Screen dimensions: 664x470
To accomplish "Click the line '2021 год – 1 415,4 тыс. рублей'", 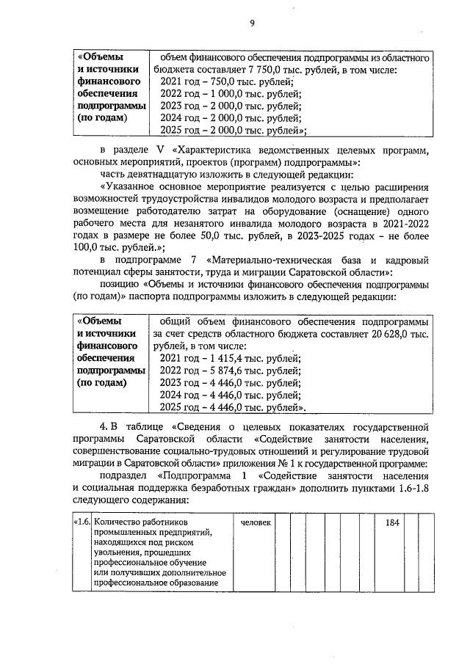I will tap(231, 357).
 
